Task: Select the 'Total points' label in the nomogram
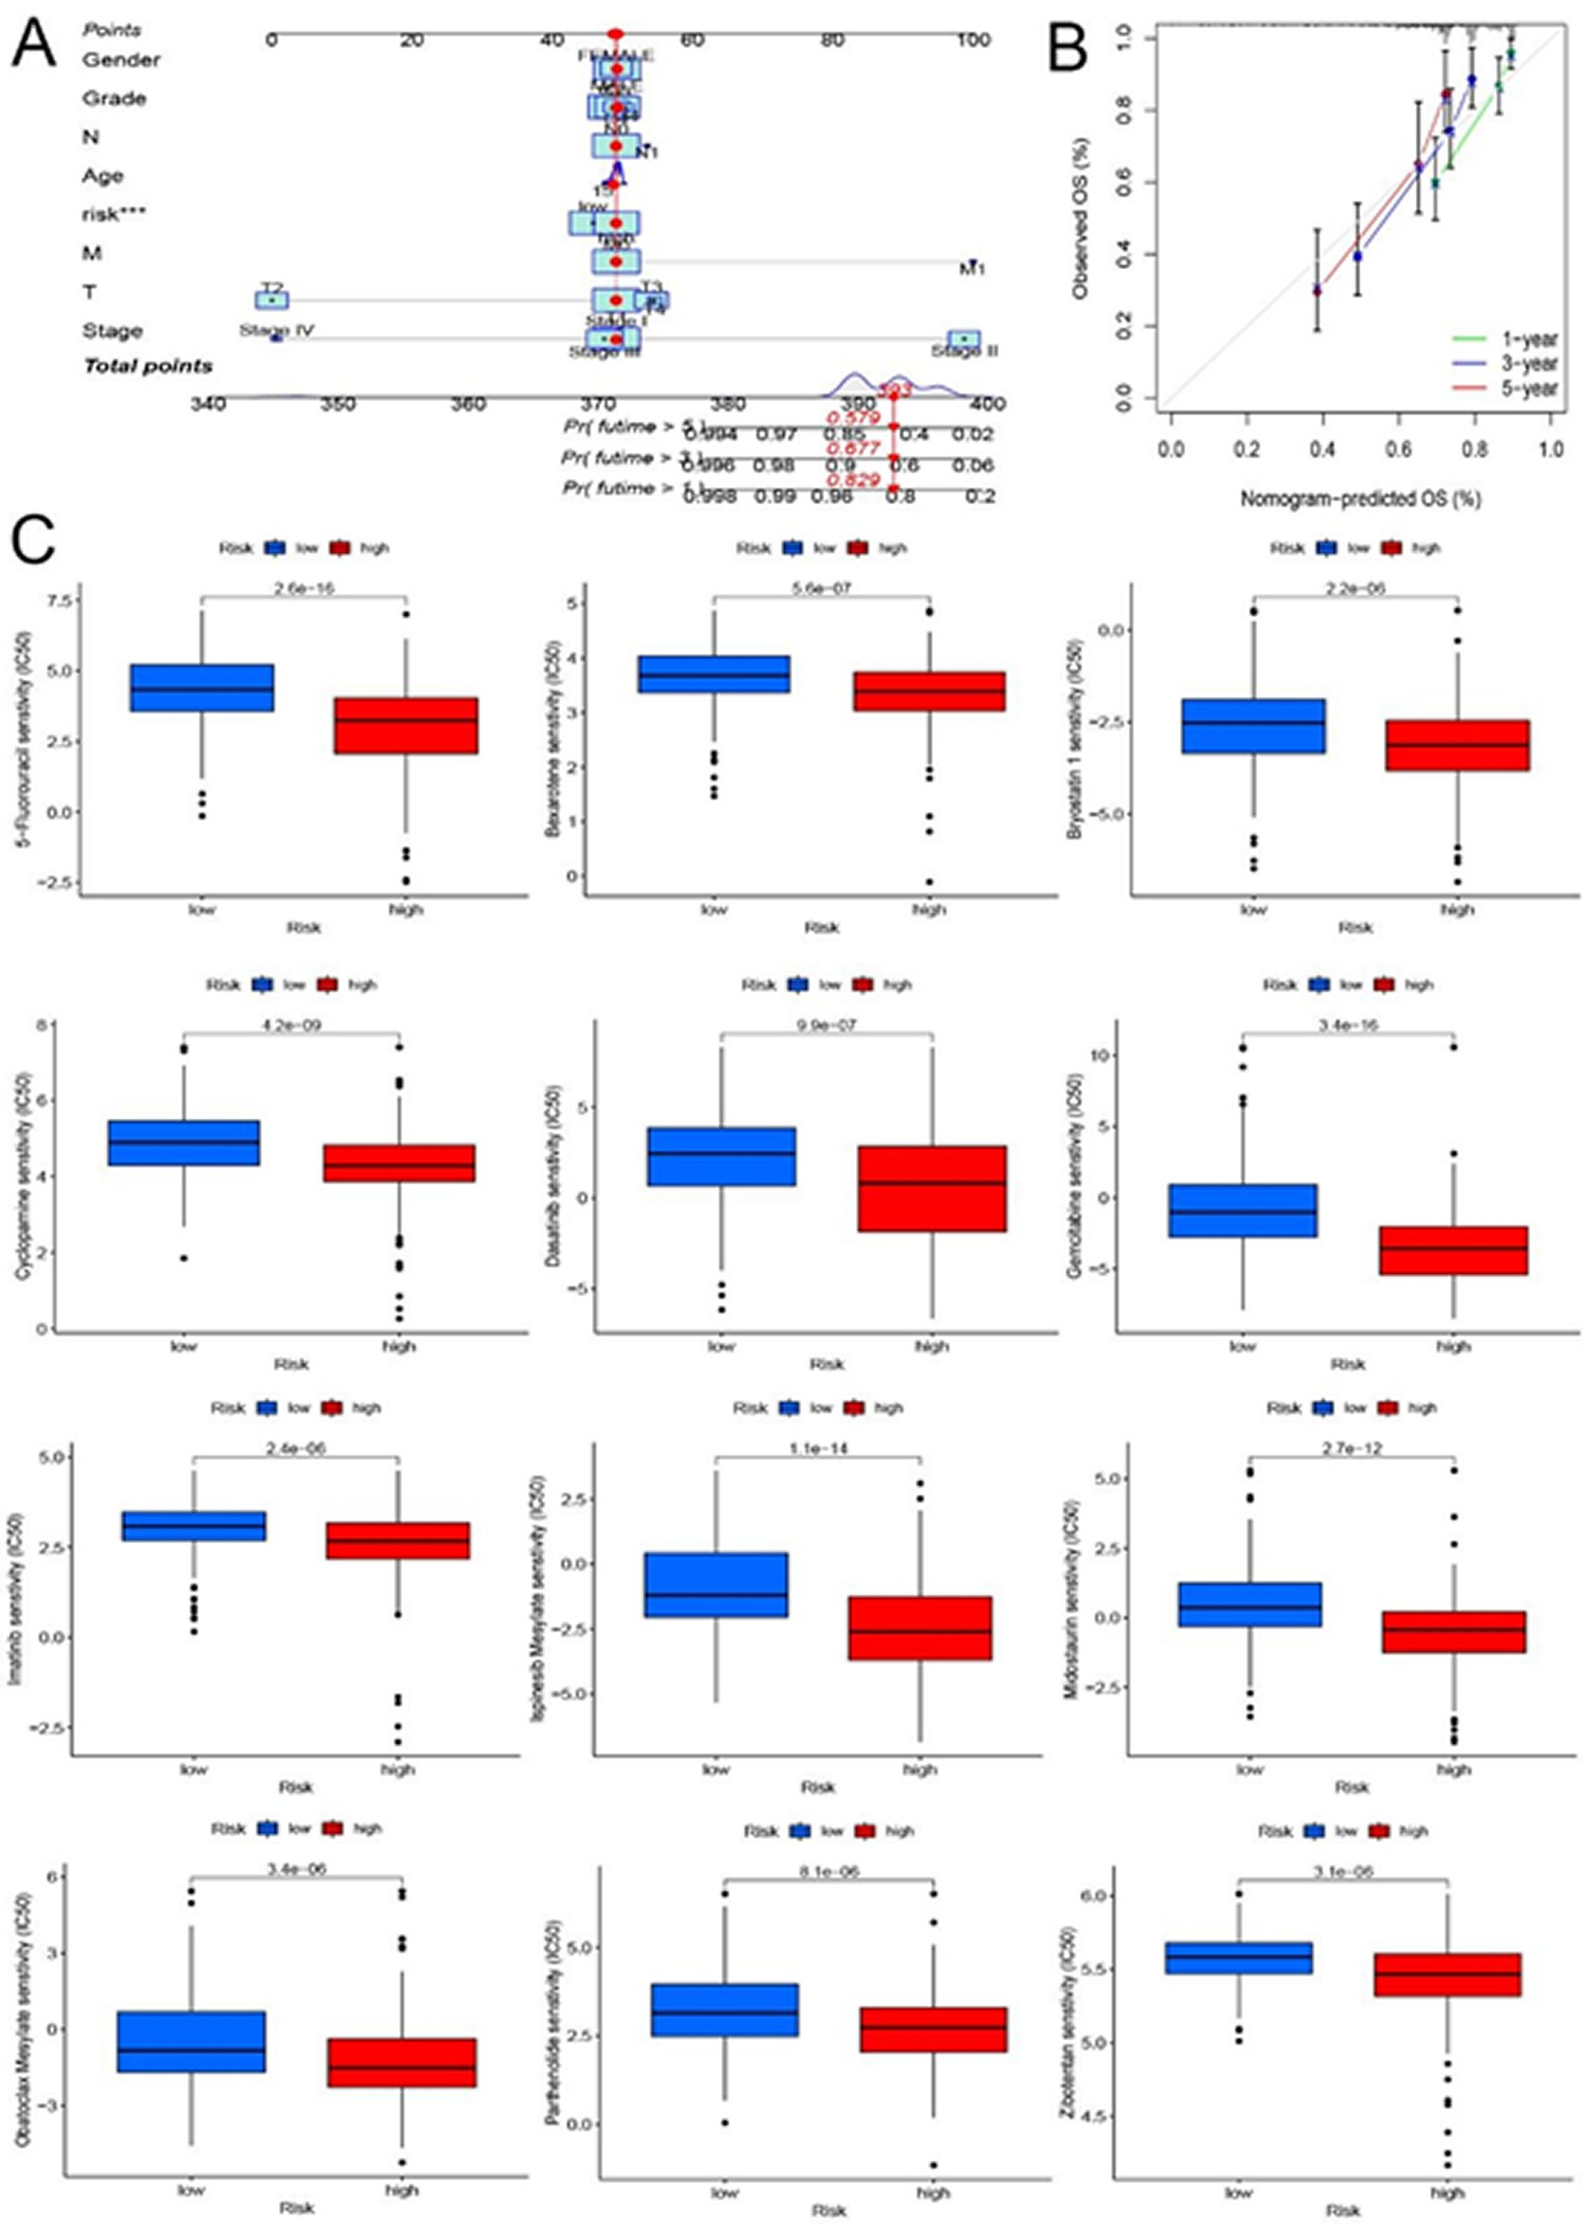pos(147,366)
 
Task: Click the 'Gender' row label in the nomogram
pos(120,60)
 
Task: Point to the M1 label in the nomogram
pos(971,268)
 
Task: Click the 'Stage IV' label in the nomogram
pos(276,330)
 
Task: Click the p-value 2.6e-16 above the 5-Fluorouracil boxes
pos(303,589)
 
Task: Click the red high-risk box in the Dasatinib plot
pos(931,1189)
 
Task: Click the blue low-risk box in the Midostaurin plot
pos(1250,1604)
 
